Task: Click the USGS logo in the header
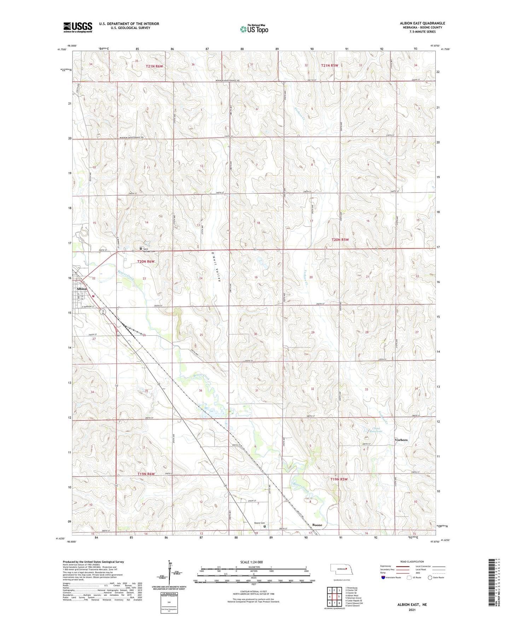78,27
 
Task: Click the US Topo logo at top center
254,29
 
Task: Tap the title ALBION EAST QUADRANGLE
422,23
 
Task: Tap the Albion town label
81,289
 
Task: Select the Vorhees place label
401,440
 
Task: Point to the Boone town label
317,525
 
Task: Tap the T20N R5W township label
340,240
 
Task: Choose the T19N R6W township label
146,474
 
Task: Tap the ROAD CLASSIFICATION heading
412,562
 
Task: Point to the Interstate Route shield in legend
384,577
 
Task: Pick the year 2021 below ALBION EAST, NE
412,610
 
